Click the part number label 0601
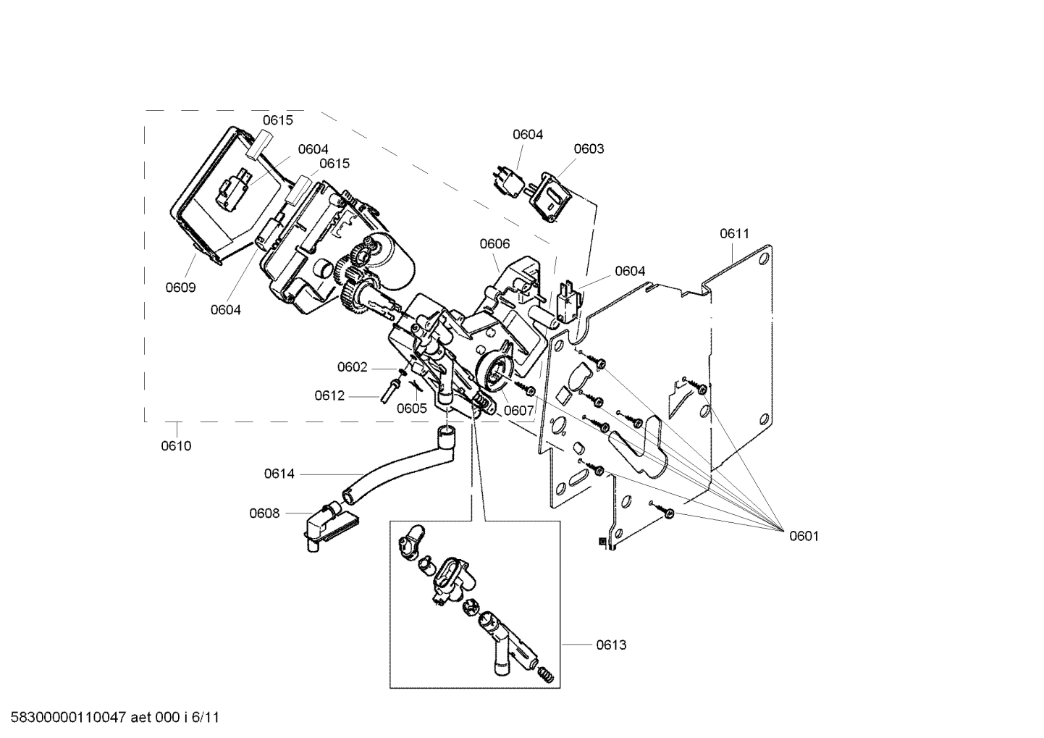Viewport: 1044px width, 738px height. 804,536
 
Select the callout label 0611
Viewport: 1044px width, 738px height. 734,233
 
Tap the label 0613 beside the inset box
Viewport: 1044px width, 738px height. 611,645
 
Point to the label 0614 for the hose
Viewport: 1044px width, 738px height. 279,474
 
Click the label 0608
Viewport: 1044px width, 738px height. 264,513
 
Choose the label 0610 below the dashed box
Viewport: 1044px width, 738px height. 176,445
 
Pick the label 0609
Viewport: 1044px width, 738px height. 180,288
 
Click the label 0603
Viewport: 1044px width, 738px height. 589,148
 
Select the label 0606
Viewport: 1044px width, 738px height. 494,244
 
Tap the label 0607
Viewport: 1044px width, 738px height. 518,411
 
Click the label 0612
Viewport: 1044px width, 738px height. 329,395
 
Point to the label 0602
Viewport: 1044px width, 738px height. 353,367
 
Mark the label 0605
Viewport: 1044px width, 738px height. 411,408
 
